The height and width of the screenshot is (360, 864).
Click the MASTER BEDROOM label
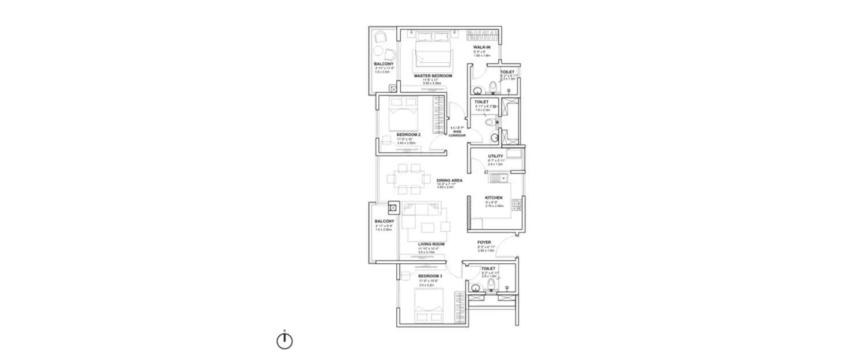433,75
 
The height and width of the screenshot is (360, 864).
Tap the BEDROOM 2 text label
408,135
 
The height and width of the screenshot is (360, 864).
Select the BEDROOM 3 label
431,276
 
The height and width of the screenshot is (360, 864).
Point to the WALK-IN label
482,47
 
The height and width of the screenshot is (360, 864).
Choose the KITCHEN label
494,198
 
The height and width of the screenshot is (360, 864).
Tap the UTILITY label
495,156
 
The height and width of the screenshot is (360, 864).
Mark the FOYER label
484,242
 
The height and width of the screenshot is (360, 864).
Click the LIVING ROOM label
431,244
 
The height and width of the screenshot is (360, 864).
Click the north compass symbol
285,341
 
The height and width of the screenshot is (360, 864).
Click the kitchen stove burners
516,205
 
